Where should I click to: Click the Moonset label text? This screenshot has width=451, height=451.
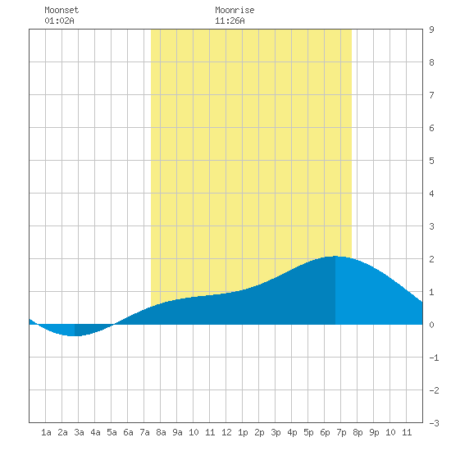(x=61, y=10)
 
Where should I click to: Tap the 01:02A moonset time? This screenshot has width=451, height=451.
(x=59, y=20)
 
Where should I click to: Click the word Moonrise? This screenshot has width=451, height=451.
(x=235, y=10)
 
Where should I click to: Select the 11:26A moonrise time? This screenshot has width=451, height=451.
(x=230, y=20)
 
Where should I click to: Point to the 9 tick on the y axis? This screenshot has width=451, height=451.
(x=431, y=30)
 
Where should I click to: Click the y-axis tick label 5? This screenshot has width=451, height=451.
(x=431, y=161)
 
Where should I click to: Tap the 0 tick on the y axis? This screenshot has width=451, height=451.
(x=431, y=325)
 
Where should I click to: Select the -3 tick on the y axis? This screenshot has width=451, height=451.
(x=434, y=423)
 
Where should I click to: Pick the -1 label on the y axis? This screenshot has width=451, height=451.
(x=434, y=358)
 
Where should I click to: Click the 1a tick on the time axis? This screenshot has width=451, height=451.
(x=46, y=432)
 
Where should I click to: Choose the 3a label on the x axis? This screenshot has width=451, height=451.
(x=79, y=432)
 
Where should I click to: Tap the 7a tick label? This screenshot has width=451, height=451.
(x=144, y=432)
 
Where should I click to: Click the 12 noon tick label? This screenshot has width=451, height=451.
(x=226, y=432)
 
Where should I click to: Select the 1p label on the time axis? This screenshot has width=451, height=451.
(x=243, y=432)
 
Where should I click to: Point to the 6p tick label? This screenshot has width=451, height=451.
(x=325, y=432)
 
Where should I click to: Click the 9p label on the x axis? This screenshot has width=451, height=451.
(x=374, y=432)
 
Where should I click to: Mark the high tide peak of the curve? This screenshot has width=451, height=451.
(x=335, y=256)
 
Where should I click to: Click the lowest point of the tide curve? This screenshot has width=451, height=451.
(x=75, y=335)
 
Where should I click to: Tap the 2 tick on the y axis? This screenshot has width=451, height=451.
(x=431, y=259)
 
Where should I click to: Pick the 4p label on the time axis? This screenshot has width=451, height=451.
(x=292, y=432)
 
